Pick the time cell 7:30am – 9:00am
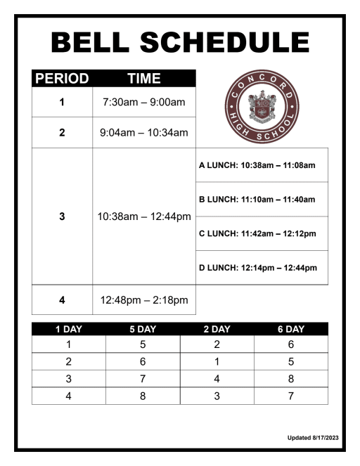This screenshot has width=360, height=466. [x=144, y=103]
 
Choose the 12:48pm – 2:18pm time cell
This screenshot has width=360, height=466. [x=144, y=300]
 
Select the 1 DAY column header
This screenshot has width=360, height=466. [x=68, y=328]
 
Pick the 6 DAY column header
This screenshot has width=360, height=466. [x=290, y=328]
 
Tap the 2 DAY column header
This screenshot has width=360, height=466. [x=217, y=328]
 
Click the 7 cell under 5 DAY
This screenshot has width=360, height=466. [x=143, y=378]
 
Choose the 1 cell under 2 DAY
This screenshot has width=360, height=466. [x=217, y=361]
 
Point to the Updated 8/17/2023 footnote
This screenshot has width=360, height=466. [x=313, y=438]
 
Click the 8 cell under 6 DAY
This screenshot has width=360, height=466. [x=290, y=378]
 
